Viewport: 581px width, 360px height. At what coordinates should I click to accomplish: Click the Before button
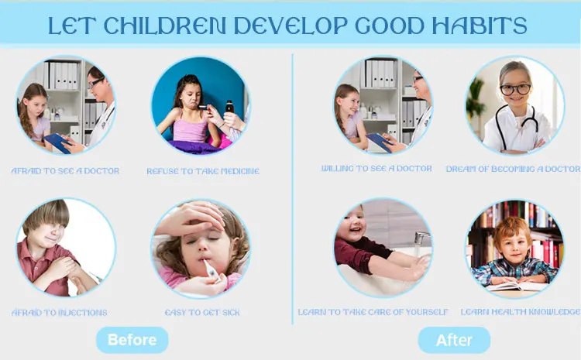(x=132, y=340)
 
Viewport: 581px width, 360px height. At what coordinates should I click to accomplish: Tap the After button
(x=454, y=340)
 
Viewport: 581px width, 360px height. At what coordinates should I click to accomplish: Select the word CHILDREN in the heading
(x=164, y=26)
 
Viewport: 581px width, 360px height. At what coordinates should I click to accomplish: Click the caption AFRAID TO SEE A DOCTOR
(x=65, y=171)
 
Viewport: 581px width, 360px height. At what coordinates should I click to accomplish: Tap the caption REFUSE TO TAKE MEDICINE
(x=203, y=171)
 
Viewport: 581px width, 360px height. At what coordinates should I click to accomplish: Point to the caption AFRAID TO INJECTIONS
(x=60, y=313)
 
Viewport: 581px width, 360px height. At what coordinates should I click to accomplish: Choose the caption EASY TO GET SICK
(x=202, y=313)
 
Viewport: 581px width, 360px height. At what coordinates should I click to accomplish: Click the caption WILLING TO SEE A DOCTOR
(x=376, y=169)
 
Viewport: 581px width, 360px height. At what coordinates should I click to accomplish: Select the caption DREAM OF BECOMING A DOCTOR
(x=513, y=169)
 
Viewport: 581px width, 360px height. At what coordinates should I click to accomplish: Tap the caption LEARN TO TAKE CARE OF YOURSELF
(x=373, y=312)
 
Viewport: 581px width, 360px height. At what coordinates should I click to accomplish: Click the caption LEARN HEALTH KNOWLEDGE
(x=521, y=312)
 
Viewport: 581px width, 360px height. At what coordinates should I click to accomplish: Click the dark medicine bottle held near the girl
(x=230, y=107)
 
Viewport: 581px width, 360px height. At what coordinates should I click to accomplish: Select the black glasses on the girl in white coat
(x=515, y=89)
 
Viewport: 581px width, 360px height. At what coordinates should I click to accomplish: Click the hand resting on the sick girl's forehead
(x=193, y=218)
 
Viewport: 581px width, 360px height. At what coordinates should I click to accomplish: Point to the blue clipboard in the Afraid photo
(x=57, y=143)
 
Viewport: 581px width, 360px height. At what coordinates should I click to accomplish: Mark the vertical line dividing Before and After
(x=293, y=189)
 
